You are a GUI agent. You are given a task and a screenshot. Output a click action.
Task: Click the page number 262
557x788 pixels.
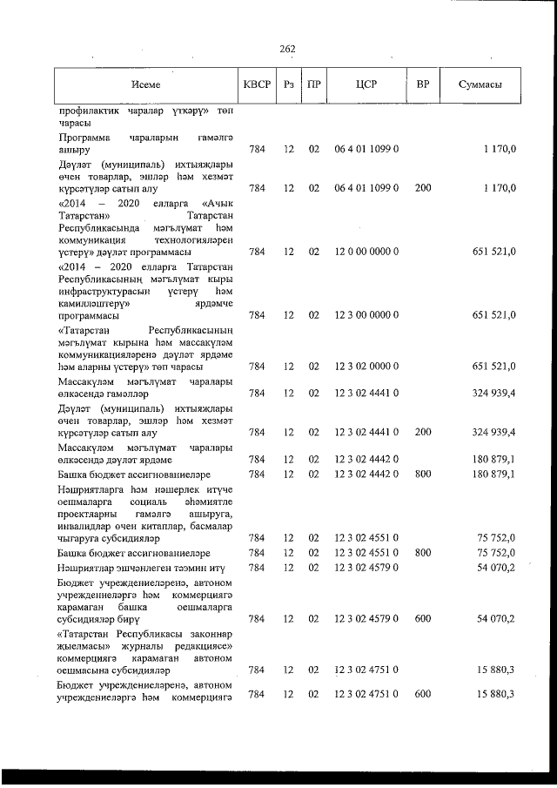pos(287,48)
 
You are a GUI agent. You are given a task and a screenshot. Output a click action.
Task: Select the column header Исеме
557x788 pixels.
pos(146,84)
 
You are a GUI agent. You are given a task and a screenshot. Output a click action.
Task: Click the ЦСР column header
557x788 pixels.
pos(366,84)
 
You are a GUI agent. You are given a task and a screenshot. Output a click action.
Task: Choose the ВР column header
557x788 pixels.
pos(423,84)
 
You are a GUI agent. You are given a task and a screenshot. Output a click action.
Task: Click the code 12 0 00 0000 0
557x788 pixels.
pos(366,252)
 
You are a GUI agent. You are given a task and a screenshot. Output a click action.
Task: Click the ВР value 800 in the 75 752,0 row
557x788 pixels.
pos(423,552)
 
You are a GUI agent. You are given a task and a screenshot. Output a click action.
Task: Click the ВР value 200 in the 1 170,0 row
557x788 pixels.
pos(423,187)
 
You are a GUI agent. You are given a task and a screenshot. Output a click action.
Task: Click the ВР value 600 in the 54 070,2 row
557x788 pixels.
pos(423,619)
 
